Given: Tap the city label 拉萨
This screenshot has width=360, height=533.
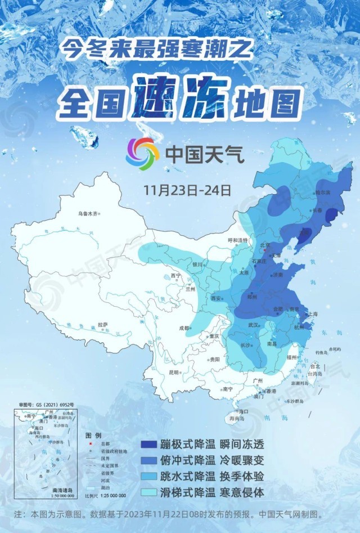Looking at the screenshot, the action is coord(102,325).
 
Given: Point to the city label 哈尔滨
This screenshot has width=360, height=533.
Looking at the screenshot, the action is coord(324,192).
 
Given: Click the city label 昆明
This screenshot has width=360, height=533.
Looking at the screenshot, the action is coord(173,373).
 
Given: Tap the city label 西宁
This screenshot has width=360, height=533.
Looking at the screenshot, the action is coord(175,276).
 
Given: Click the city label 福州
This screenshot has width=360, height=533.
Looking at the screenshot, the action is coord(291,357).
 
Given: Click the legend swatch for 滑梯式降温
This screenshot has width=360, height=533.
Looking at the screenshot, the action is coord(156,492).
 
